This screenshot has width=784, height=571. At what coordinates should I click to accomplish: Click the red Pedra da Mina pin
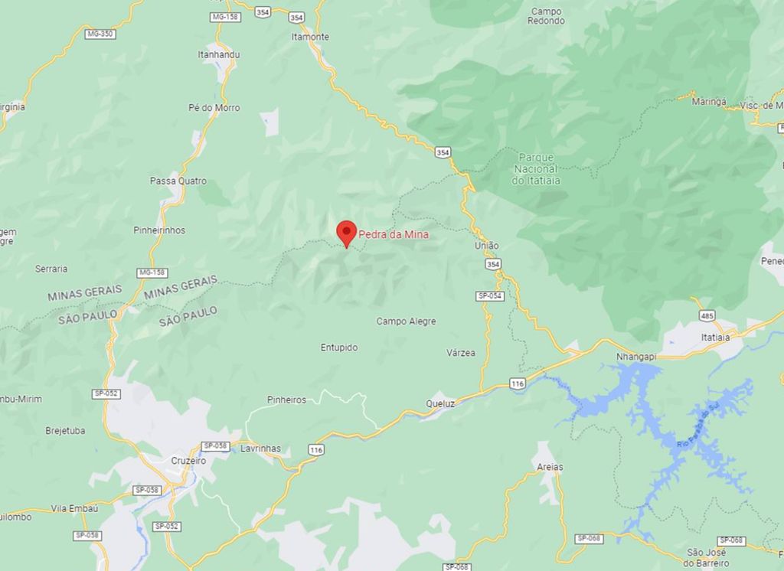(347, 232)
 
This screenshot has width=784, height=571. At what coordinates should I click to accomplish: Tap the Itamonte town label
(310, 37)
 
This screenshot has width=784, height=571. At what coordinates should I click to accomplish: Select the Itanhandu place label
(218, 55)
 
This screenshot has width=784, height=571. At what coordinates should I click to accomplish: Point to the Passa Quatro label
(178, 181)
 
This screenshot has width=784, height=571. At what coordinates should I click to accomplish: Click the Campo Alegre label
(406, 321)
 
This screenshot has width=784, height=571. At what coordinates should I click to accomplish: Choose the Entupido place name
(339, 347)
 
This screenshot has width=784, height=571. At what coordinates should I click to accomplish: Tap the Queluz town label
(440, 403)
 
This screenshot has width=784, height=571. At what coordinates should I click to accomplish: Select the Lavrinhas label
(260, 449)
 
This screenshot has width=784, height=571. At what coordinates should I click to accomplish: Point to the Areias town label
(550, 467)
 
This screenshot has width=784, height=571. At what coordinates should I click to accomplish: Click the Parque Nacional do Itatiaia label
(536, 168)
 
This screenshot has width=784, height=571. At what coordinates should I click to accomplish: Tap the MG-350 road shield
(100, 34)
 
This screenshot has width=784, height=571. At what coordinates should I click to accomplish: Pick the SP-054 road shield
(489, 296)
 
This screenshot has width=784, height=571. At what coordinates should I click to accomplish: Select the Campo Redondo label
(546, 16)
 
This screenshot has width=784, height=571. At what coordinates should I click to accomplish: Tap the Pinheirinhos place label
(159, 230)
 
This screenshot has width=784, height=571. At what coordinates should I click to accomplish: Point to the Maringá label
(708, 102)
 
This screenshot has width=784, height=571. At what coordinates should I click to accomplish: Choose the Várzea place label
(461, 353)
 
